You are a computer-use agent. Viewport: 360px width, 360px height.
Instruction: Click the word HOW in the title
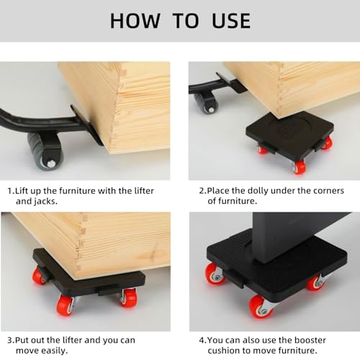[x=135, y=20]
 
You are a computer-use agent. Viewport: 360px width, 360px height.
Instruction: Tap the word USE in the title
[x=224, y=20]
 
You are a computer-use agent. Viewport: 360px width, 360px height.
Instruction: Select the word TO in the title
[x=181, y=20]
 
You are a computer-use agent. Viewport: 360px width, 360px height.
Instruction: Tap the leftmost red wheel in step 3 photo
[x=40, y=276]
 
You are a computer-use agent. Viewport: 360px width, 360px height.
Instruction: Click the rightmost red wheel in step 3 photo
[x=127, y=297]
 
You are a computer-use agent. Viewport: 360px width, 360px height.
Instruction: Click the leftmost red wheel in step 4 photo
[x=214, y=273]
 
